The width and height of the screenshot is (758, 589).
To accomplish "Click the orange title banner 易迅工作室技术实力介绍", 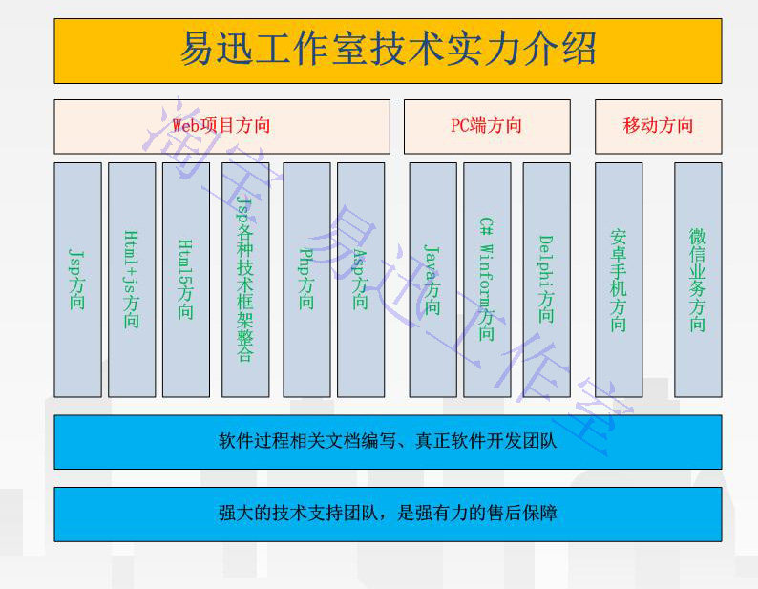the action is coord(388,51).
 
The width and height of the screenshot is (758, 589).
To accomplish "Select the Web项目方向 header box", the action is coord(221,126).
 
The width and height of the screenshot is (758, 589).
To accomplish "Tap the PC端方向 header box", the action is coord(487,126).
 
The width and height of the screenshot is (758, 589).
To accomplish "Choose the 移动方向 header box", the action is coord(658,126).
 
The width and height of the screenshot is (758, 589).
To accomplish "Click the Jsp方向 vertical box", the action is coord(77,279).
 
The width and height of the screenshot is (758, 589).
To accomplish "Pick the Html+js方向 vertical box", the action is coord(132,279).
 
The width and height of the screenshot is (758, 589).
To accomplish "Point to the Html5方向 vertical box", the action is coord(186,279).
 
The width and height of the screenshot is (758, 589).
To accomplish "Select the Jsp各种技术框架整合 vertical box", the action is coord(245,279).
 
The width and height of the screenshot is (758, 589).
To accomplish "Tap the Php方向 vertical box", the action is coord(306,279).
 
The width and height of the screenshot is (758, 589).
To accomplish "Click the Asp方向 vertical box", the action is coord(361,279).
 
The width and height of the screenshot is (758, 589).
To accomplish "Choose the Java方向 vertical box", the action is coord(432,279).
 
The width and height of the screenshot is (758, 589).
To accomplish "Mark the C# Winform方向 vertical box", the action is coord(487,279).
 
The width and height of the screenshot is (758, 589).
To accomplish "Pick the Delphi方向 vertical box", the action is coord(546,279).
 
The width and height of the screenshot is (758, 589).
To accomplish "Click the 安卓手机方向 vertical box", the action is coord(619,279).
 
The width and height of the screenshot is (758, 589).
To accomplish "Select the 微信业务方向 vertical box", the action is coord(698,279).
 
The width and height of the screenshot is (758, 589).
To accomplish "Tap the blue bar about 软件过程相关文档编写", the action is coord(388,442).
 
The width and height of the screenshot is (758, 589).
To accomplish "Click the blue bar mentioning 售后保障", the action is coord(388,514).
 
